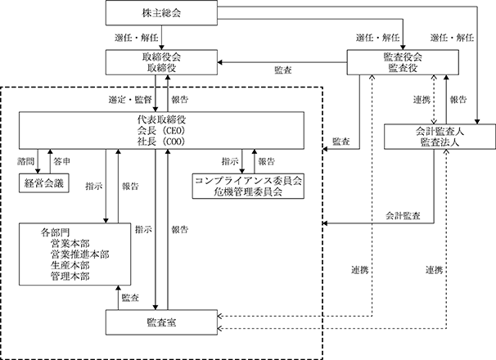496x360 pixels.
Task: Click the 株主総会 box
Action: point(161,13)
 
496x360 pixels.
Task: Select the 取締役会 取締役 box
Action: point(161,62)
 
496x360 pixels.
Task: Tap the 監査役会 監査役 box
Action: point(403,62)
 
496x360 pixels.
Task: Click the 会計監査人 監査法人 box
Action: point(440,137)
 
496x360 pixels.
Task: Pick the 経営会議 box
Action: point(44,182)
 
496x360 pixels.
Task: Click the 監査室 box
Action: point(161,322)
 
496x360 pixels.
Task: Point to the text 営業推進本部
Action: point(79,254)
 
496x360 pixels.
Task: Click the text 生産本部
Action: point(70,265)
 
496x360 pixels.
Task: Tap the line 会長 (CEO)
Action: point(161,131)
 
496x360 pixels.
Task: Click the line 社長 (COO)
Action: point(161,142)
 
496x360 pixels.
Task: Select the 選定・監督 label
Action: point(130,100)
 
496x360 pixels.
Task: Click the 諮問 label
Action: point(25,162)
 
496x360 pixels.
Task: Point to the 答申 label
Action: point(62,162)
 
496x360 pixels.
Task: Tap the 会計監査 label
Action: point(403,216)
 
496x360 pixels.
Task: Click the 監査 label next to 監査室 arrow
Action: point(130,298)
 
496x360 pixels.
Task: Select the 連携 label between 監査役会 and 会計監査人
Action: point(422,100)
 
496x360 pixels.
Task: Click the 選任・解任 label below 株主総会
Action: point(137,38)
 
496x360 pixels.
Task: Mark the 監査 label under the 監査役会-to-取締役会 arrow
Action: point(283,70)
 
